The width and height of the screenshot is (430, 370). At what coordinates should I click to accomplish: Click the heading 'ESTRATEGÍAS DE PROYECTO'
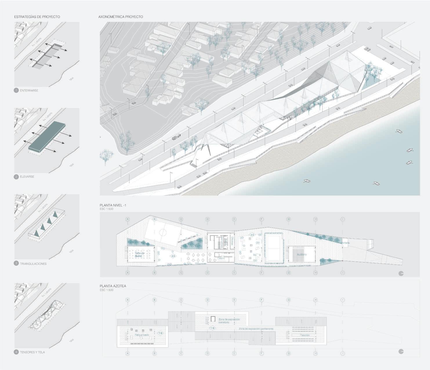(x=37, y=17)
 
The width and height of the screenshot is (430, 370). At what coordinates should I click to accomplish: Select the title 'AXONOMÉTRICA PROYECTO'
(x=121, y=17)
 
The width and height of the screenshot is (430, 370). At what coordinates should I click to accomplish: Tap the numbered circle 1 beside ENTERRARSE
(x=16, y=91)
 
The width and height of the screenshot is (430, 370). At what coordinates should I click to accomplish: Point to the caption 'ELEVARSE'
(x=27, y=177)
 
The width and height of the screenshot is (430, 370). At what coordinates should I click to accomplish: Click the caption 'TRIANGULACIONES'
(x=33, y=264)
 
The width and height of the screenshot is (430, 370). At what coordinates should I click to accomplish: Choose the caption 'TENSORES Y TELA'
(x=32, y=352)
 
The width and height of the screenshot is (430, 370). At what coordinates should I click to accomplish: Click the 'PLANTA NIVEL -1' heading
(x=113, y=205)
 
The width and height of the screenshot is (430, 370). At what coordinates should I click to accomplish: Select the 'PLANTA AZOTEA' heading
(x=113, y=286)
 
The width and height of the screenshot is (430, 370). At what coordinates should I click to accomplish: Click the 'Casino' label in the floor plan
(x=221, y=258)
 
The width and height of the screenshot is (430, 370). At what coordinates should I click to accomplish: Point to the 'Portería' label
(x=345, y=243)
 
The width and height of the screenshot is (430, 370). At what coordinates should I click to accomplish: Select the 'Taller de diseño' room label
(x=139, y=255)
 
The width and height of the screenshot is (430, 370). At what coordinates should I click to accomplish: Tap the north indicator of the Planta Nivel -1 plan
(x=401, y=273)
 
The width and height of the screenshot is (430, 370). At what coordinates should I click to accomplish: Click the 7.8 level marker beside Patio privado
(x=160, y=333)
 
